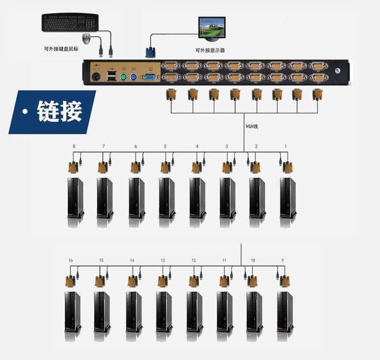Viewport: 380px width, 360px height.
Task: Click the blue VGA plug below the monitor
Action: point(150,52)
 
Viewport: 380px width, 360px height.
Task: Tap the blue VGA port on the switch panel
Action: point(149,77)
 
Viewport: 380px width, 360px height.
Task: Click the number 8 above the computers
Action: point(74,146)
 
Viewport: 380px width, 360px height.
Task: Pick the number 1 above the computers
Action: point(286,146)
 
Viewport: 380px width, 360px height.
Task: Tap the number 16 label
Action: point(70,260)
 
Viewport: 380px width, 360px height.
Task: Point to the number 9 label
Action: point(282,260)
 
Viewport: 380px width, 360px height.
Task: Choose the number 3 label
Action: point(226,146)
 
